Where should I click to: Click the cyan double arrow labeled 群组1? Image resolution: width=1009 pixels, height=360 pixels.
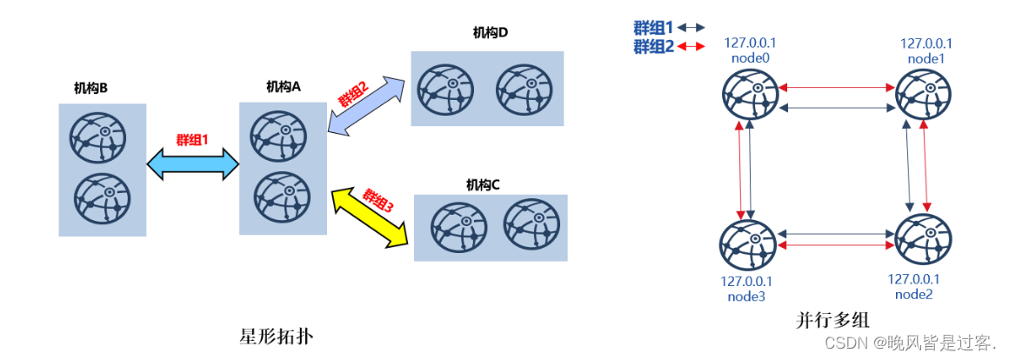tap(193, 163)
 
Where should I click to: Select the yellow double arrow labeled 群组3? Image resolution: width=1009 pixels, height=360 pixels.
tap(371, 220)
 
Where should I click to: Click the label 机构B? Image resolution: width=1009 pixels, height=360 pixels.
tap(90, 88)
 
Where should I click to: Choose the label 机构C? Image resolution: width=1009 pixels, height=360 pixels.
tap(483, 184)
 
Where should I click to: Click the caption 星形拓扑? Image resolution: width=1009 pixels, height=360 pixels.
tap(275, 336)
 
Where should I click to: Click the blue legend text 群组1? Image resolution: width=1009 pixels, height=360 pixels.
tap(653, 29)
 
